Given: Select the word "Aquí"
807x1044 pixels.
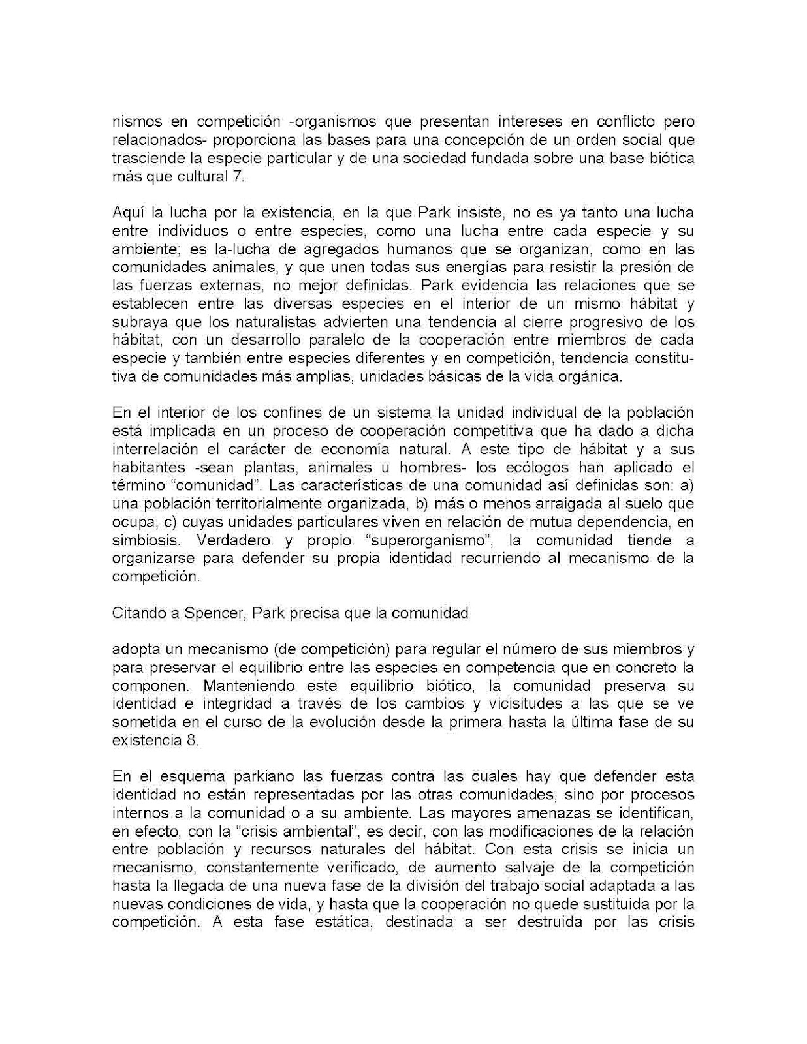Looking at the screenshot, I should pos(128,213).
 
